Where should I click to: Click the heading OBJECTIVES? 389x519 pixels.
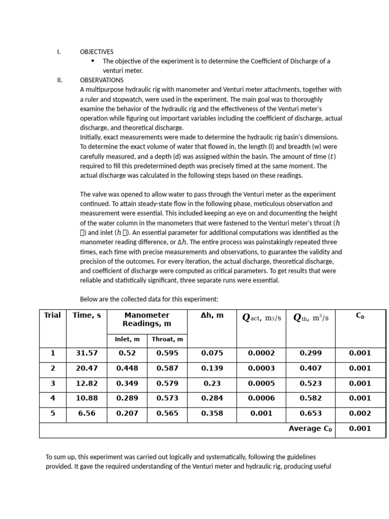tap(97, 52)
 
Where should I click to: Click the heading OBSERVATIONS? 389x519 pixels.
tap(101, 80)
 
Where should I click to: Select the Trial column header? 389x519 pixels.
tap(53, 315)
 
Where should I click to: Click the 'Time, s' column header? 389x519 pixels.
tap(87, 315)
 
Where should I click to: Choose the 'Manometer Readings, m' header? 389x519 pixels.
tap(147, 319)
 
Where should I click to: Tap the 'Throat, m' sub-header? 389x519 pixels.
tap(167, 340)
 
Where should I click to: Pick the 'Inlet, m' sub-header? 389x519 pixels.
tap(127, 340)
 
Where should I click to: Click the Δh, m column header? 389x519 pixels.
tap(212, 315)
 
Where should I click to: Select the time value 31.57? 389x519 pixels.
tap(87, 353)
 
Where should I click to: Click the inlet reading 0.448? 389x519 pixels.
tap(127, 368)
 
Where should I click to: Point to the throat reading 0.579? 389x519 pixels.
tap(167, 384)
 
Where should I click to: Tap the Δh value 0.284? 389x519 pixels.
tap(212, 398)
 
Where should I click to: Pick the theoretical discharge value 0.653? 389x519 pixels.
tap(310, 414)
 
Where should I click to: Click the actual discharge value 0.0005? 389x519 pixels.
tap(261, 384)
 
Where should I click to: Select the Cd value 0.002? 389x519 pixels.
tap(360, 414)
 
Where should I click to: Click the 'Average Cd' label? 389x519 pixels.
tap(310, 429)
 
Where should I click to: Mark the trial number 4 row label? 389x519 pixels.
tap(53, 398)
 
